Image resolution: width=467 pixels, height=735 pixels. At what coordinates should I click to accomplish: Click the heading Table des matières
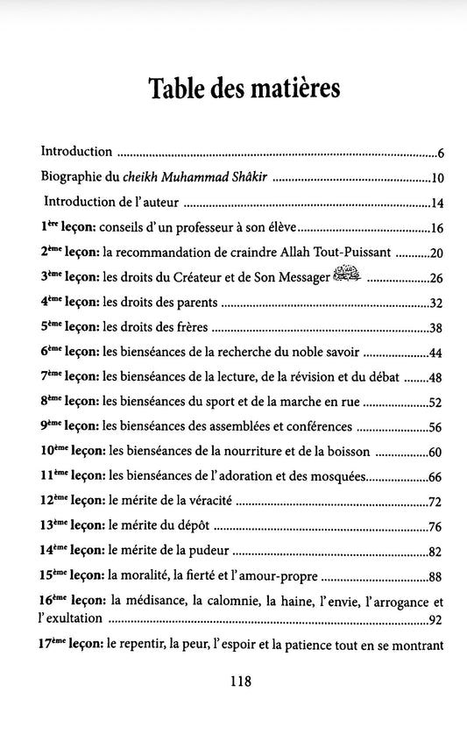pyautogui.click(x=233, y=89)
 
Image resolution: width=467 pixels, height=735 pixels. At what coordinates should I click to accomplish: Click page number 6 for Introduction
pyautogui.click(x=442, y=153)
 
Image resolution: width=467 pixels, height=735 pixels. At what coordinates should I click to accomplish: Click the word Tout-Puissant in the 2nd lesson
pyautogui.click(x=357, y=253)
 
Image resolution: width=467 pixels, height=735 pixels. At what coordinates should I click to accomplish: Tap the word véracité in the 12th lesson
pyautogui.click(x=188, y=503)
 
